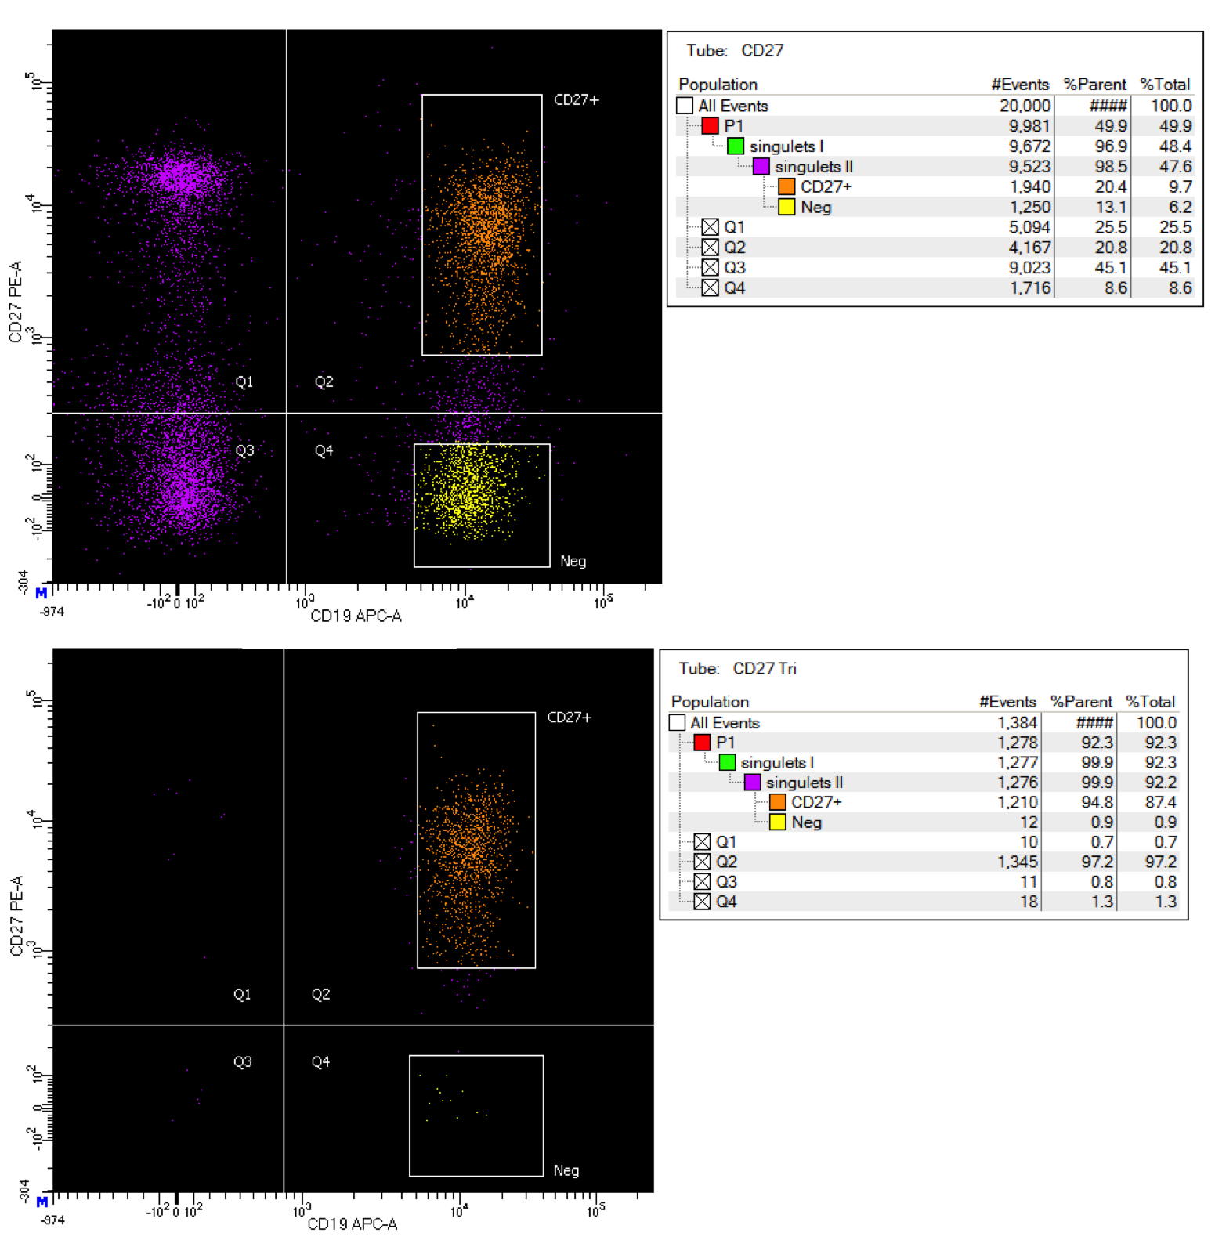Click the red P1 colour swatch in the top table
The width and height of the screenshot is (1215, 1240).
710,125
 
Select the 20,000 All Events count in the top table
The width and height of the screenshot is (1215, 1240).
1025,106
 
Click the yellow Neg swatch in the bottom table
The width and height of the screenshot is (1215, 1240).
777,822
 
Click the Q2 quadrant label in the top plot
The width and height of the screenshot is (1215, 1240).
324,381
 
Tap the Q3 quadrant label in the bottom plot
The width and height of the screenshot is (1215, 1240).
242,1061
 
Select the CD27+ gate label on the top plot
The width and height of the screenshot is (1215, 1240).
576,99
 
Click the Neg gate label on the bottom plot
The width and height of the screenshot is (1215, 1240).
566,1170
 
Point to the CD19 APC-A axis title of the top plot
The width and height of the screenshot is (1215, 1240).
356,616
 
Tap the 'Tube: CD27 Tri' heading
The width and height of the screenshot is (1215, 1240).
737,668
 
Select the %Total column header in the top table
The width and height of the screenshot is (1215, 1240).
1164,84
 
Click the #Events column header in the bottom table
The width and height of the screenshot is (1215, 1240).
1007,701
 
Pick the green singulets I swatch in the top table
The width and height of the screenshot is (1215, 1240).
735,146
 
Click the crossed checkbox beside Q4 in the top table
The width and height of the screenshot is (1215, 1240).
710,287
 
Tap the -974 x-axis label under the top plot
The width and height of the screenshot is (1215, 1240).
52,611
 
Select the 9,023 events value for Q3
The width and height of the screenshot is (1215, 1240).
1029,267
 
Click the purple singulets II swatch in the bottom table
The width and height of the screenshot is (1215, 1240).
752,782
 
